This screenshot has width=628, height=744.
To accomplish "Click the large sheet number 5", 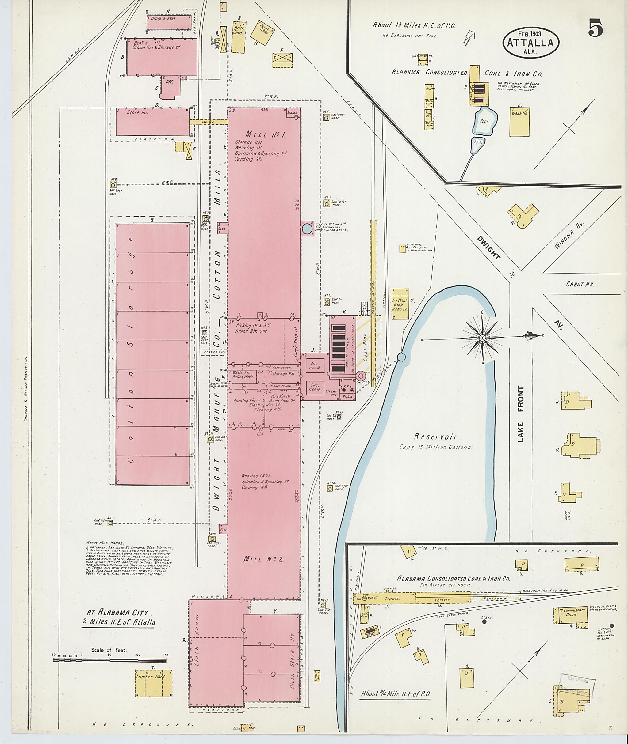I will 595,28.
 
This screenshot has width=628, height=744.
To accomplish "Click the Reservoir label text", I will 435,436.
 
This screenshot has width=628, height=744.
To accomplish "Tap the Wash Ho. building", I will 519,121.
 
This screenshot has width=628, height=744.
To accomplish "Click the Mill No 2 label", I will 263,559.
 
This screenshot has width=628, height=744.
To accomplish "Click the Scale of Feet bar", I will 110,660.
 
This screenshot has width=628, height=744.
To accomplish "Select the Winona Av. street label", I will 569,238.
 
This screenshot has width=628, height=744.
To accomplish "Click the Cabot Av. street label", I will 580,285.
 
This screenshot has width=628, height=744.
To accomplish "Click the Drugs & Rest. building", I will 169,22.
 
